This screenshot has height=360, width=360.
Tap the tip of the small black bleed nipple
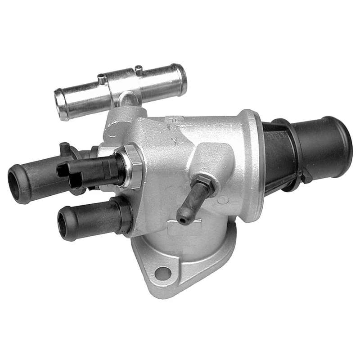[x=182, y=219]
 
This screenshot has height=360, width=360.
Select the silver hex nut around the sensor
[x=133, y=166]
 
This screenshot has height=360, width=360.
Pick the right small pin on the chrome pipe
[x=139, y=70]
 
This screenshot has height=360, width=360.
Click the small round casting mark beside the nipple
[x=222, y=199]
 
